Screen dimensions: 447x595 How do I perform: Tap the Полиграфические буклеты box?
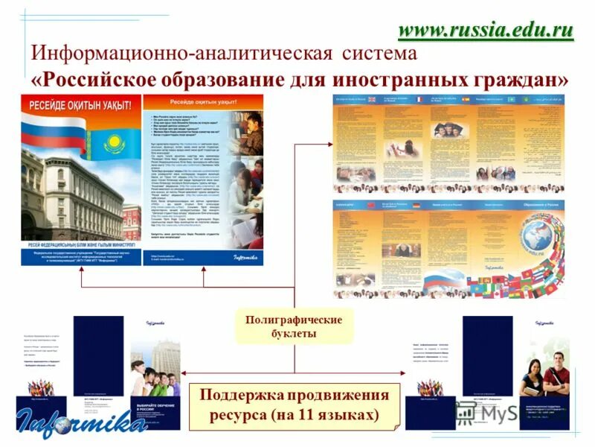[294, 326]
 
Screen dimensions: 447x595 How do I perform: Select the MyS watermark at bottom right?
[487, 412]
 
